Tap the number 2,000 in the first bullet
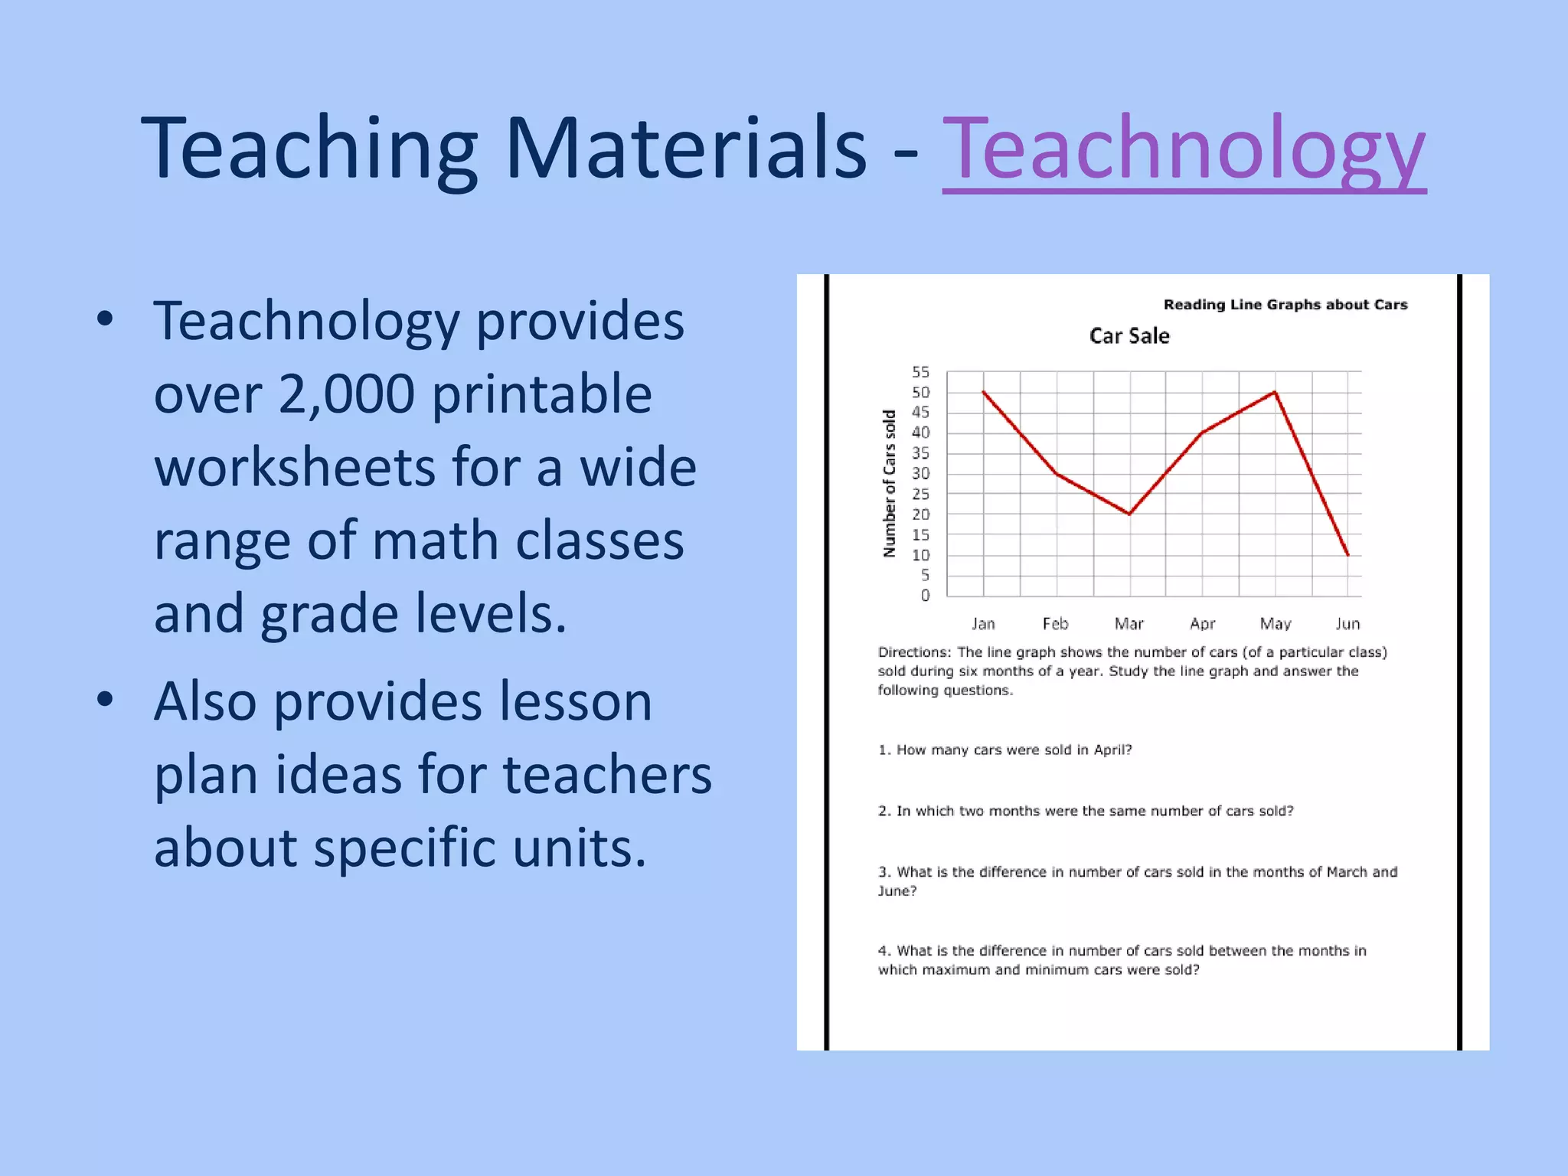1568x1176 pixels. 346,394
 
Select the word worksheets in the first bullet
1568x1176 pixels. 294,467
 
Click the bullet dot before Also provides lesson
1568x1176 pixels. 105,698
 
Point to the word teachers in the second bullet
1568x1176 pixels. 606,774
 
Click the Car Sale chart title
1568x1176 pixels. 1129,336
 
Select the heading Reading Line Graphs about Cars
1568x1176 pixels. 1285,305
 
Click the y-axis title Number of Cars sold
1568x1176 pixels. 889,483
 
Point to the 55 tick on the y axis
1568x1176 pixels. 920,372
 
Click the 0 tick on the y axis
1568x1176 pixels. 925,596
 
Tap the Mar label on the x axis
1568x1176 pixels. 1129,624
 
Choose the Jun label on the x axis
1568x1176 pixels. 1347,624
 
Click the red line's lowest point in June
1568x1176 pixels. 1347,554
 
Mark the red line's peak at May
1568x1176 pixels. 1275,392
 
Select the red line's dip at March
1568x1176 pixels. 1129,514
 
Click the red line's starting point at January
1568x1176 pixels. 984,392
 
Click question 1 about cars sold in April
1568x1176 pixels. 1004,750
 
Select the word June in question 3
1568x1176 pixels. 897,891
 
